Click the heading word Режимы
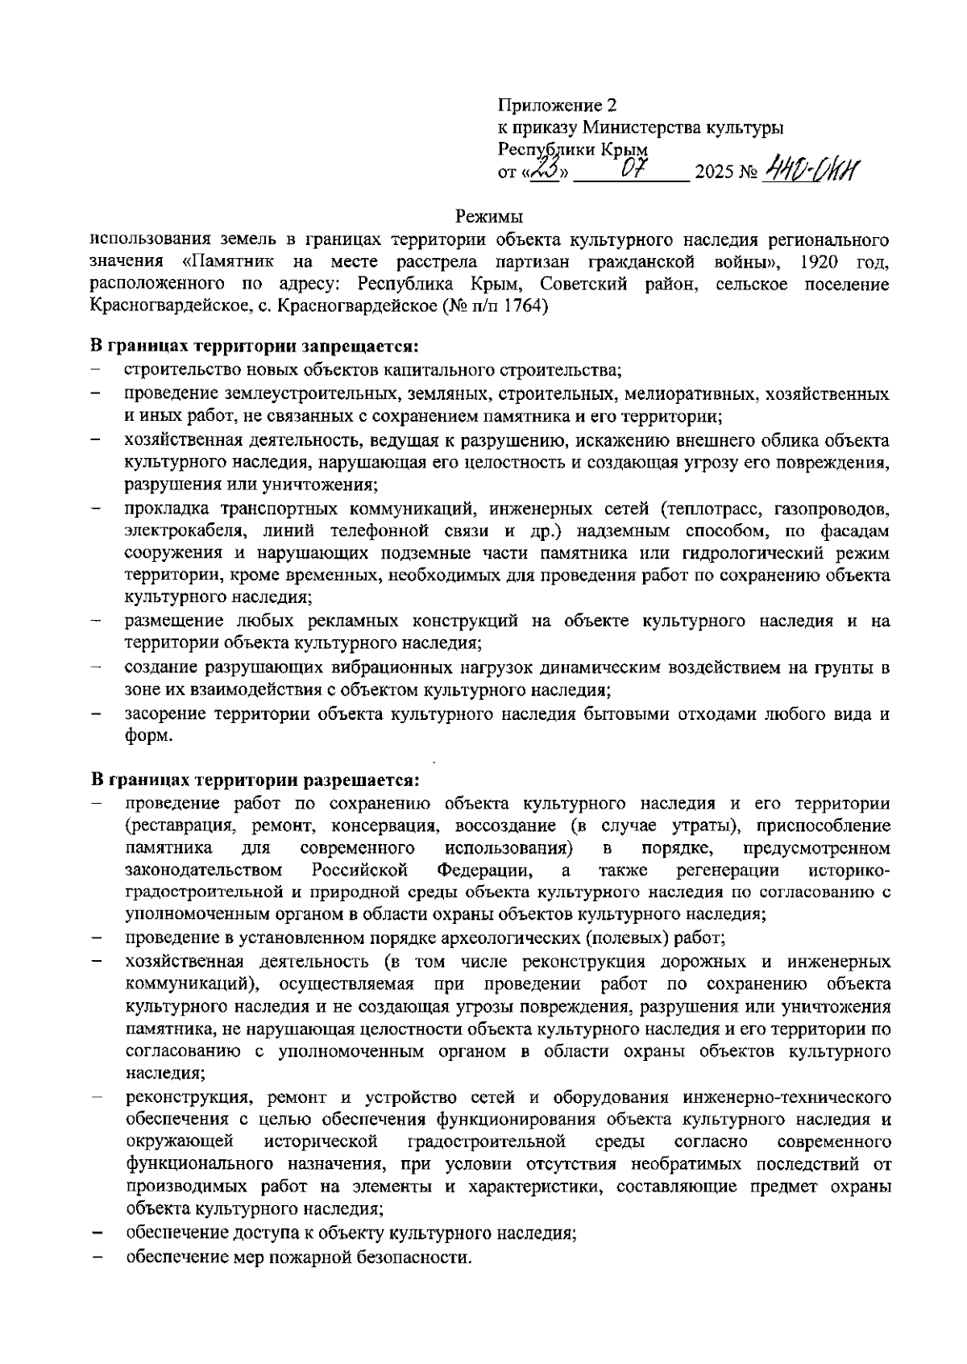point(489,216)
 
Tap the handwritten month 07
point(631,170)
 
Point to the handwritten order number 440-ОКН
point(811,169)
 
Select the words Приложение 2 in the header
point(557,105)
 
